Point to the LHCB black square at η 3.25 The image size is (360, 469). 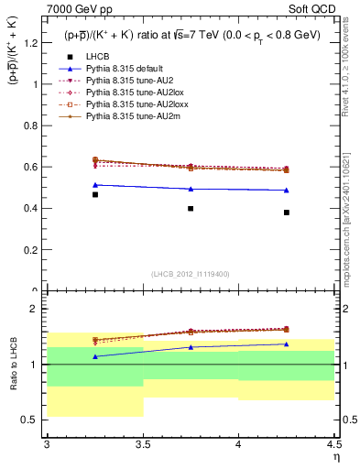click(95, 194)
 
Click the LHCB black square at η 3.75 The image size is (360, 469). click(191, 208)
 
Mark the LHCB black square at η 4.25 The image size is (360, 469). click(287, 213)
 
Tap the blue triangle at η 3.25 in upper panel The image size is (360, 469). click(95, 185)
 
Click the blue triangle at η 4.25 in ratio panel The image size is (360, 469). click(287, 344)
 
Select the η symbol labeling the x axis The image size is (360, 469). click(335, 456)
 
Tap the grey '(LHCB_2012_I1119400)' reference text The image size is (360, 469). click(191, 275)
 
